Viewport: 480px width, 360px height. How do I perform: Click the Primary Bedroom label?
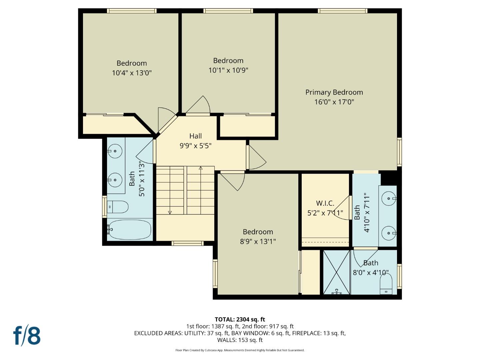(334, 92)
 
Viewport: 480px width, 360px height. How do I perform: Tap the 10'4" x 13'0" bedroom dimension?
(132, 73)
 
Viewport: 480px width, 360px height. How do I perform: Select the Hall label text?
(196, 136)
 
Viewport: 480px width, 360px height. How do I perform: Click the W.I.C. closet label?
(325, 203)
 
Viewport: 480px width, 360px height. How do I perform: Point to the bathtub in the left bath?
(130, 229)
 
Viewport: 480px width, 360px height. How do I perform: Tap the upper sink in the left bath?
(115, 151)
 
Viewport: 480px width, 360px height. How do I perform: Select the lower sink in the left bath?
(115, 180)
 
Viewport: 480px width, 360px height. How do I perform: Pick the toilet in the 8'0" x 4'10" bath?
(386, 284)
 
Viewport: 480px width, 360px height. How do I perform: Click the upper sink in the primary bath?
(389, 199)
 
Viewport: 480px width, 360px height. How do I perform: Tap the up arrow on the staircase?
(200, 168)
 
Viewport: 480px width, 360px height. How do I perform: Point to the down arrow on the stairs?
(170, 212)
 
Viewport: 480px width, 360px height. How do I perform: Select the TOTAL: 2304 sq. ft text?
(240, 319)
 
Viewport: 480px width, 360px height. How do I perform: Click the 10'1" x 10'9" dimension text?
(228, 70)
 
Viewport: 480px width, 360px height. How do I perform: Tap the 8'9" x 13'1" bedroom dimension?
(258, 242)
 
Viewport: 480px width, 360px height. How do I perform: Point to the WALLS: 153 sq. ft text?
(240, 340)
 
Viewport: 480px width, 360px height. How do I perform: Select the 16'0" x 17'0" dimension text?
(334, 102)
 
